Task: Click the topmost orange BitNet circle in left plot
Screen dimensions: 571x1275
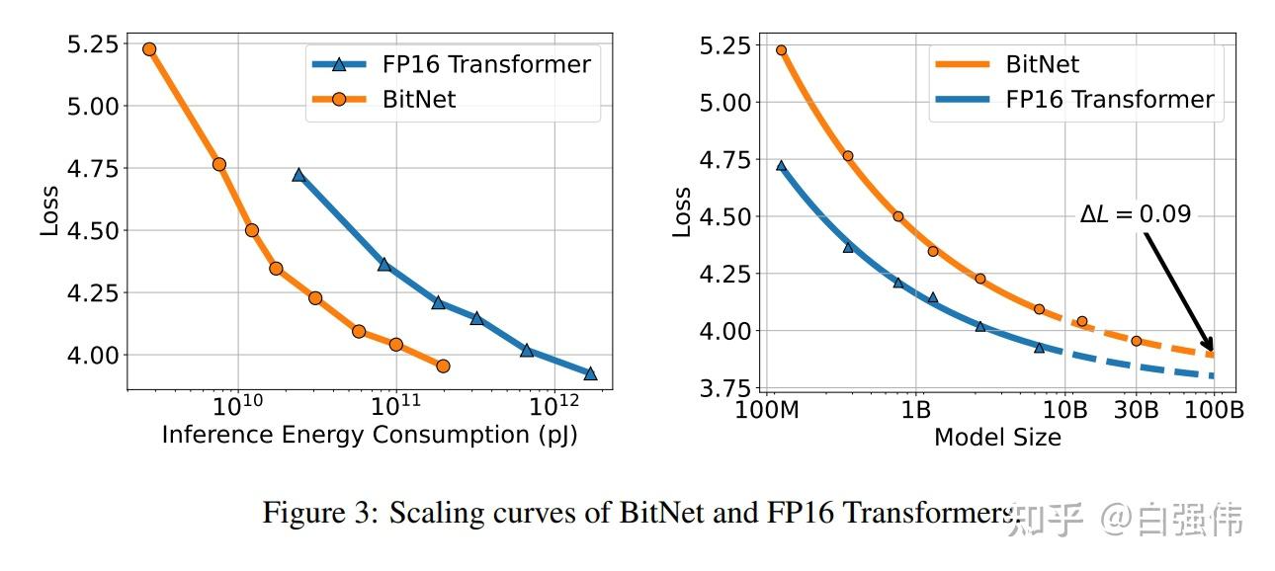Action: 149,49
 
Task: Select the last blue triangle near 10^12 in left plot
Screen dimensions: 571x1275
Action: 590,373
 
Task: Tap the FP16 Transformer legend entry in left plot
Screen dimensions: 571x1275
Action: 450,65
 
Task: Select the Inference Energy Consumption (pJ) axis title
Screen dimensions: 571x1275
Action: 369,435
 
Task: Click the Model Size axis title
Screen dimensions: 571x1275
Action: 997,437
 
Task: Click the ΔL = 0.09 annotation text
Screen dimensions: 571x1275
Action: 1135,213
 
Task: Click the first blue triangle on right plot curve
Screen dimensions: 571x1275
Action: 781,166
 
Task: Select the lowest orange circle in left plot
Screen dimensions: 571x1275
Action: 443,367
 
